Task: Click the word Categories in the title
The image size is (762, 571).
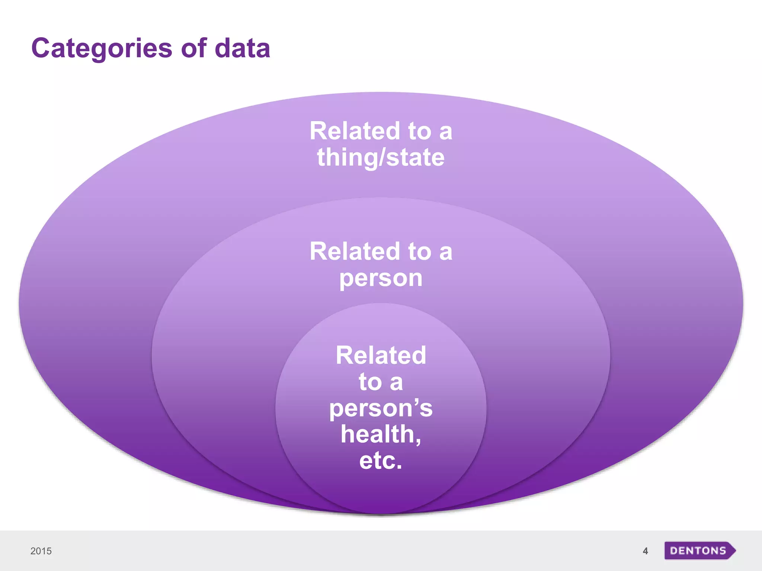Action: click(102, 49)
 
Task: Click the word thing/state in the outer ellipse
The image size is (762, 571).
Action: click(381, 158)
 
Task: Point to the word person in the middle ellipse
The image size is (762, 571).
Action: click(381, 279)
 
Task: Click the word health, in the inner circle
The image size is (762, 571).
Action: click(381, 434)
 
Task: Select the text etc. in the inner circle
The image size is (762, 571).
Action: click(381, 461)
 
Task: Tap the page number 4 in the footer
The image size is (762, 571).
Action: click(645, 551)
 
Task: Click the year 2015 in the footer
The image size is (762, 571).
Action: click(41, 551)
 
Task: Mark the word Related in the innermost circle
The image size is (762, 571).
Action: click(381, 355)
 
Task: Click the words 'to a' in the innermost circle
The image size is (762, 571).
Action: click(381, 382)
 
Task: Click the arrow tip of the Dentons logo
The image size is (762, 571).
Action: click(733, 551)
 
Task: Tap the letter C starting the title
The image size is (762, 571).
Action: click(41, 48)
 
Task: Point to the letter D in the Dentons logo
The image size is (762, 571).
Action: click(674, 551)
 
